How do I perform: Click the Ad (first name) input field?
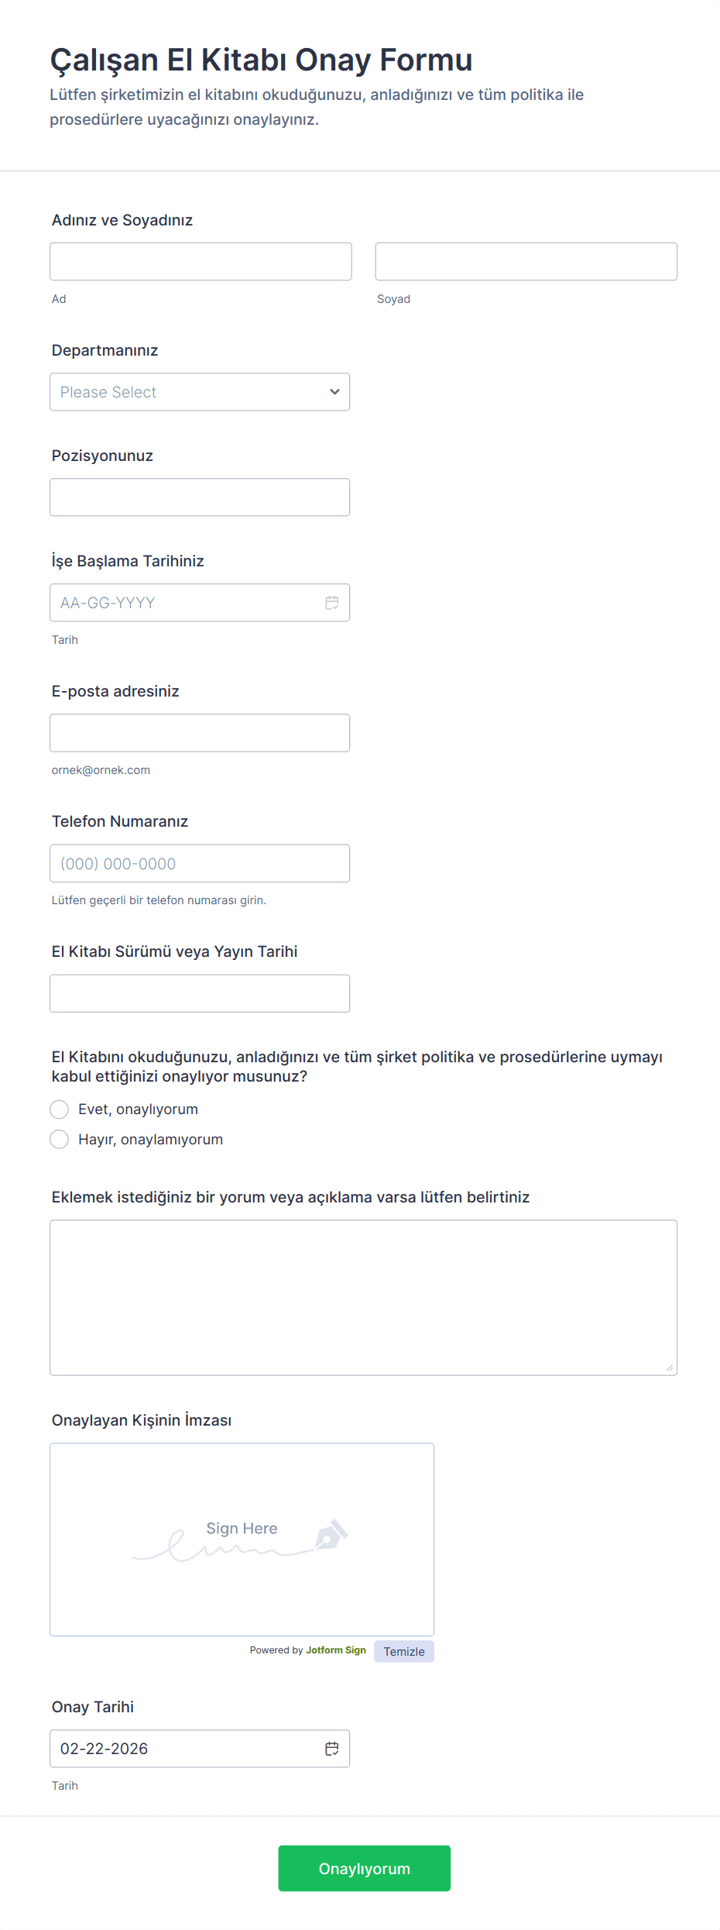(x=201, y=262)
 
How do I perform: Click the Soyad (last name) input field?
(x=526, y=262)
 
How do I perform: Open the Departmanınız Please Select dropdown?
(x=200, y=392)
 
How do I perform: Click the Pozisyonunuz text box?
(x=200, y=497)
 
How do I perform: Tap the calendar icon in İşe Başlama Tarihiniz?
(x=332, y=603)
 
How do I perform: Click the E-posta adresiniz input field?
(x=200, y=733)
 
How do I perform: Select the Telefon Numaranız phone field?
(x=200, y=863)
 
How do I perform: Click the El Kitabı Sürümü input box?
(x=200, y=993)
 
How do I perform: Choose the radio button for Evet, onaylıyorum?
(x=60, y=1109)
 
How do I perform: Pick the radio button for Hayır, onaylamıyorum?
(x=60, y=1140)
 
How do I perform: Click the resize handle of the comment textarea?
(x=669, y=1368)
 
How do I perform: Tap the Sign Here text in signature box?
(x=242, y=1529)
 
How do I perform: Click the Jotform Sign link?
(x=336, y=1650)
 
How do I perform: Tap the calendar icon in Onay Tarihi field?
(x=332, y=1749)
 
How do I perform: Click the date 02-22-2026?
(x=105, y=1749)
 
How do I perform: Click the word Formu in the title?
(x=426, y=60)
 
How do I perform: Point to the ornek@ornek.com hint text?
(x=101, y=770)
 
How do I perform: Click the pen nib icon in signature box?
(x=331, y=1534)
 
